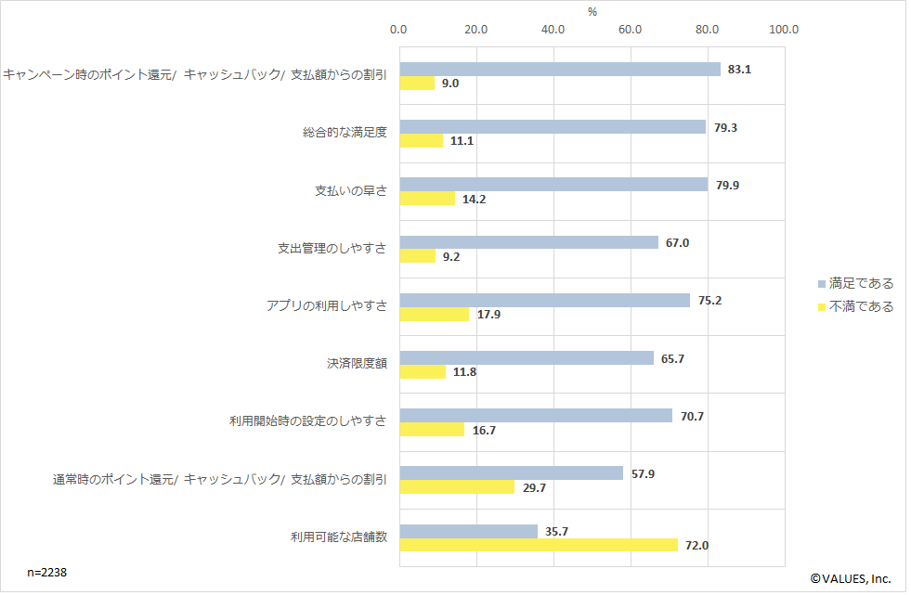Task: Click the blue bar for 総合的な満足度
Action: pos(553,127)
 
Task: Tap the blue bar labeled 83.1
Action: pos(560,70)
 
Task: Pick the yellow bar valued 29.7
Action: pos(457,487)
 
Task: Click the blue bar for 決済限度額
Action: pos(527,358)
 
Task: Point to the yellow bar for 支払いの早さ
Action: pos(427,199)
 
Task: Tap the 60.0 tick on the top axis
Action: pos(631,30)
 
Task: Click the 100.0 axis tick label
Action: pos(784,30)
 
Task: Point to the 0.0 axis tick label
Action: pos(399,30)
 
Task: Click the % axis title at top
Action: pos(592,11)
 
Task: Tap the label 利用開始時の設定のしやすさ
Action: pos(308,420)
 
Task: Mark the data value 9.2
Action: pos(451,256)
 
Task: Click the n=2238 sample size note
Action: pos(46,573)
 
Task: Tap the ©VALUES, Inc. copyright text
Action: pos(851,578)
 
